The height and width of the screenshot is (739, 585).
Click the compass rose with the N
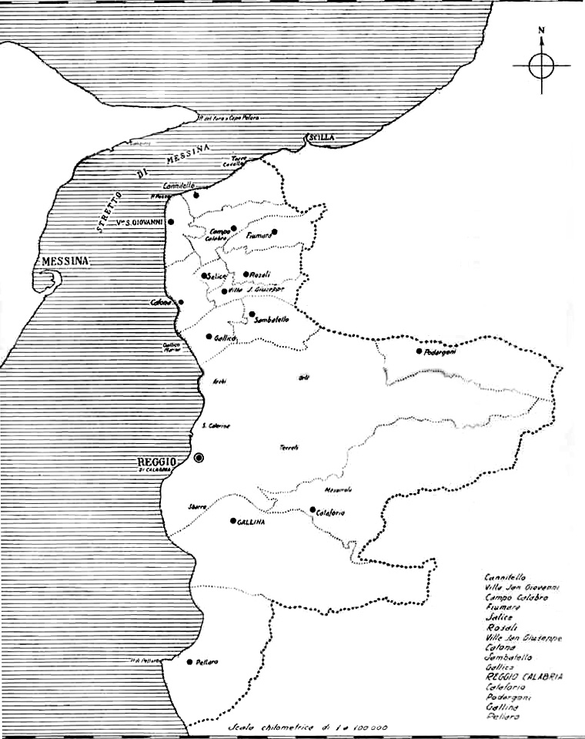tap(542, 65)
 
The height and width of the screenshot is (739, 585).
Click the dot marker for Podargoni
tap(419, 351)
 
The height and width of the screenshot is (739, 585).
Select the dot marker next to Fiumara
tap(274, 231)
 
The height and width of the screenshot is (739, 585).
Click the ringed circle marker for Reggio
tap(199, 458)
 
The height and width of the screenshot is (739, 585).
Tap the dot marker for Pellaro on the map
tap(189, 661)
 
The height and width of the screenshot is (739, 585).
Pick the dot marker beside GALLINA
tap(232, 521)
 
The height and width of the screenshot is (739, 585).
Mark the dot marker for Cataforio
tap(312, 509)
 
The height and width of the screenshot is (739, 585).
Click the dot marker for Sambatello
tap(252, 314)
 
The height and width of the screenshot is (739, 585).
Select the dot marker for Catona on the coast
tap(181, 302)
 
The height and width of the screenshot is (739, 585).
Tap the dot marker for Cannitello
tap(196, 195)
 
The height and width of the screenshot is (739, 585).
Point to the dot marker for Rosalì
tap(246, 274)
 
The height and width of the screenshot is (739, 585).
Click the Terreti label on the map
tap(289, 448)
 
